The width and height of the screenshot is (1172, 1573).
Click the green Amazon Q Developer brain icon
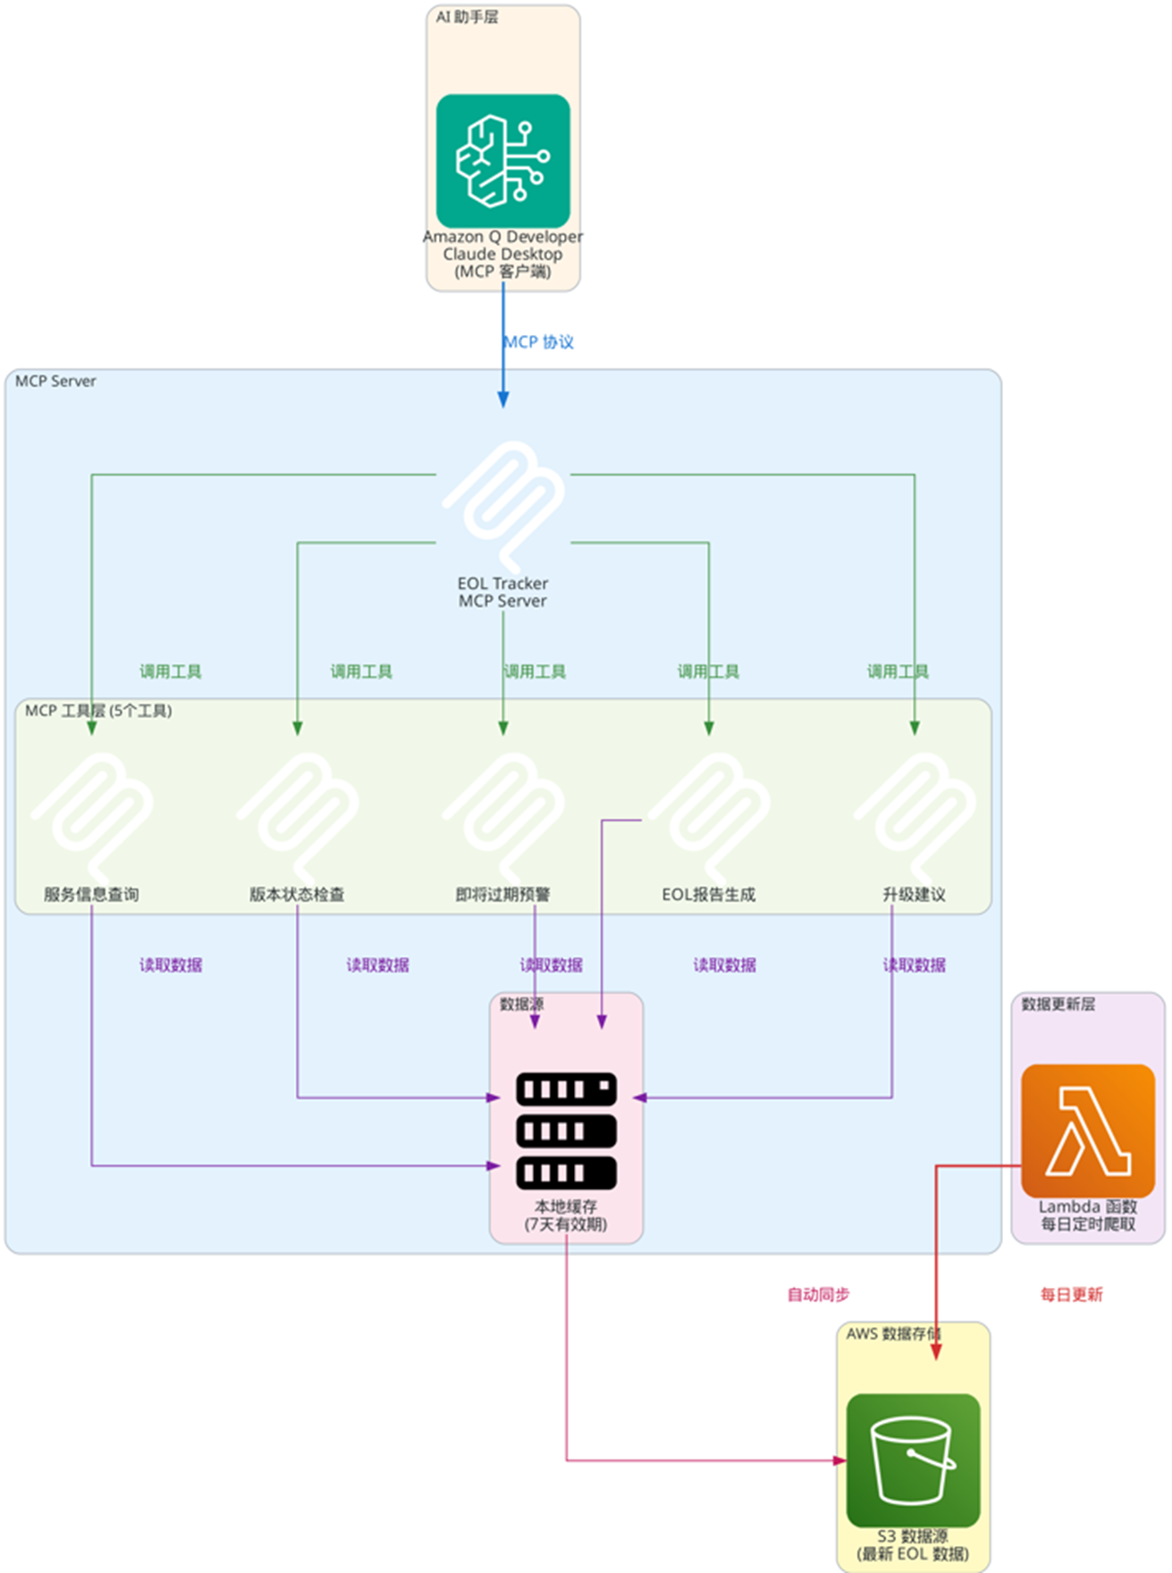tap(502, 161)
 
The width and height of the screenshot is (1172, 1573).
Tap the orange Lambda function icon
tap(1087, 1131)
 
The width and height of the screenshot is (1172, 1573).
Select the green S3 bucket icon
tap(913, 1459)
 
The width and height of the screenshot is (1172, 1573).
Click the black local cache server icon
tap(566, 1131)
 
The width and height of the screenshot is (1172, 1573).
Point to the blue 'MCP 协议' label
tap(539, 342)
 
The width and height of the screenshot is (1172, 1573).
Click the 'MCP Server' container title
tap(55, 382)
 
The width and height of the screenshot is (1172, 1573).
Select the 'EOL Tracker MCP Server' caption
tap(502, 593)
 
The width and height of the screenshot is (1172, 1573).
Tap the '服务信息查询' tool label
tap(91, 895)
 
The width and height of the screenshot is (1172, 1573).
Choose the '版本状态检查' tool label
tap(297, 895)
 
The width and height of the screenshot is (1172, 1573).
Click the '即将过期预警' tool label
tap(502, 895)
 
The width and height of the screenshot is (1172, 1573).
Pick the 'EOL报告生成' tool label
tap(708, 895)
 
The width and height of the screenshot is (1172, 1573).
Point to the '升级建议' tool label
tap(914, 895)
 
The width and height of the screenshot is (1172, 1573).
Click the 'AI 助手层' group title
tap(467, 17)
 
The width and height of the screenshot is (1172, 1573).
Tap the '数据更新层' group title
tap(1058, 1005)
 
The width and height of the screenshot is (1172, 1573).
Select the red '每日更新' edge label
tap(1071, 1295)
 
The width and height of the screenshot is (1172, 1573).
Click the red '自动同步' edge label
tap(818, 1295)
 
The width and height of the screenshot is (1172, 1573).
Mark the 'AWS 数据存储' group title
tap(892, 1334)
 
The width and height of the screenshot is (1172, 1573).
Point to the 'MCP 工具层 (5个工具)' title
tap(98, 711)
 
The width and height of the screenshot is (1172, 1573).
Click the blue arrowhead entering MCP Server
tap(503, 400)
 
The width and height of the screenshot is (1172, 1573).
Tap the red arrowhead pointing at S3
tap(936, 1352)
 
